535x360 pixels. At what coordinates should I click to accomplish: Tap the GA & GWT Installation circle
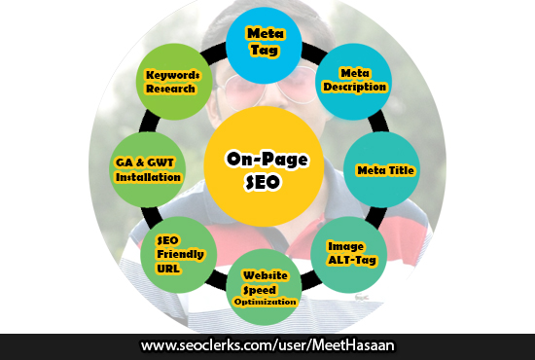(147, 170)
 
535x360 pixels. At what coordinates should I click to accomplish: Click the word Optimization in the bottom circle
(266, 303)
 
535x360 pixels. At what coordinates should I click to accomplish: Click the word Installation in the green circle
(149, 178)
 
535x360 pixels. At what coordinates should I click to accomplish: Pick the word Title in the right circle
(401, 170)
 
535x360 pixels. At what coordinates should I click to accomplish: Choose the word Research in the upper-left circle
(173, 89)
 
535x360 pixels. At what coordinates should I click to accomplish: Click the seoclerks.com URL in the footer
(267, 345)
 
